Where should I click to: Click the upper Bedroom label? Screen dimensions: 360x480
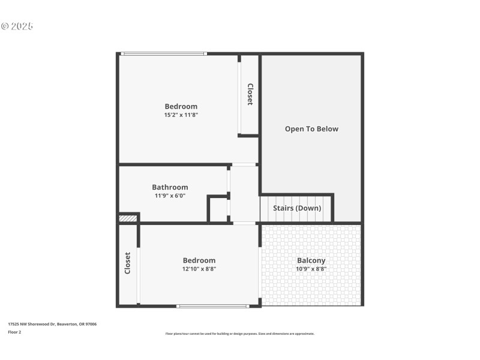point(181,106)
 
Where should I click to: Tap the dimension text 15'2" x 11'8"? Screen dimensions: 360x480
point(181,115)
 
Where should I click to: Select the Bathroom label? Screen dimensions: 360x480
point(170,187)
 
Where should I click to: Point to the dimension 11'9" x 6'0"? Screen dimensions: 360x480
point(170,196)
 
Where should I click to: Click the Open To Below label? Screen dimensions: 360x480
point(311,129)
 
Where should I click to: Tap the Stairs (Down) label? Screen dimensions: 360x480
point(297,208)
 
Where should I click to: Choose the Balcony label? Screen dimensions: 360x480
point(311,260)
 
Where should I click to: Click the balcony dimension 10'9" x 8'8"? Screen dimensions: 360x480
point(311,269)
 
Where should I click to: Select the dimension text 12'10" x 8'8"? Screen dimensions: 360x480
point(199,269)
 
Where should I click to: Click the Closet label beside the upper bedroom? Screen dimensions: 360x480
point(250,94)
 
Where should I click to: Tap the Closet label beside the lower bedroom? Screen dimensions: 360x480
point(127,263)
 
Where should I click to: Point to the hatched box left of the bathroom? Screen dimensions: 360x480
point(128,218)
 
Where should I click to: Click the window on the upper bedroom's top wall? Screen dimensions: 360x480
point(164,54)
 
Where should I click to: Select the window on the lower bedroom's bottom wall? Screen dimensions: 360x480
point(212,306)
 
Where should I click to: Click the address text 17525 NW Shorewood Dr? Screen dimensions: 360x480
point(52,324)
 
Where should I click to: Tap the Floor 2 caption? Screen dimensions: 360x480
point(14,331)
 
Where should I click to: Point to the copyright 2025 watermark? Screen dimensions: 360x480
point(17,26)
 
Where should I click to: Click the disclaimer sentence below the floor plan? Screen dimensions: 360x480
point(239,334)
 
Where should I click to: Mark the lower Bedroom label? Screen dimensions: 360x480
point(199,260)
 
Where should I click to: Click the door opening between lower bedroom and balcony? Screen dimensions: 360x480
point(259,273)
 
